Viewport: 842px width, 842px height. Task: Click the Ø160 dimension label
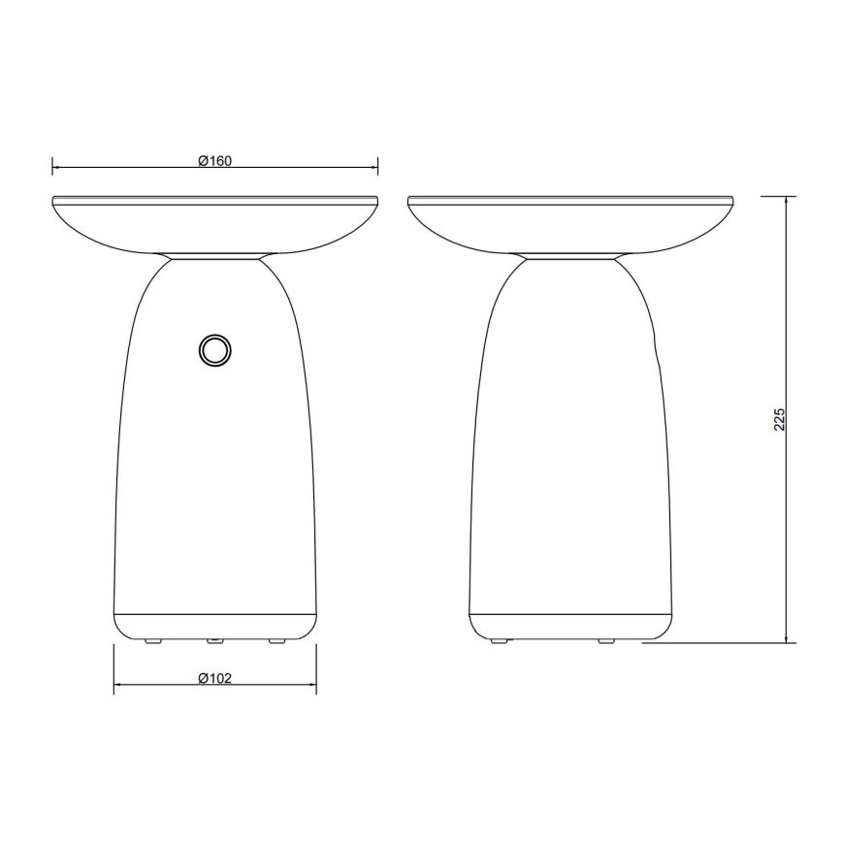(x=214, y=161)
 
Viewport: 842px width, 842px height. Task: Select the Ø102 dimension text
(x=214, y=679)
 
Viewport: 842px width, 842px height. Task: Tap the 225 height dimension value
(x=779, y=418)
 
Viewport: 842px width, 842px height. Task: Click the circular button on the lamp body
(x=214, y=350)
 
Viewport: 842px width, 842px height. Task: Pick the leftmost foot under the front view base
(x=150, y=641)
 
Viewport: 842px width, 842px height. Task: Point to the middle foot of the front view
(x=214, y=641)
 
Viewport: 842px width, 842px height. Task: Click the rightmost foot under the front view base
(x=277, y=641)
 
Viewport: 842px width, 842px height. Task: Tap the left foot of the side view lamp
(x=500, y=641)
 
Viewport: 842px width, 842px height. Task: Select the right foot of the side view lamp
(x=606, y=641)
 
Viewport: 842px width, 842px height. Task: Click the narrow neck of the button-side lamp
(x=214, y=257)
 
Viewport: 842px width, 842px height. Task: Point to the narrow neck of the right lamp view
(x=570, y=257)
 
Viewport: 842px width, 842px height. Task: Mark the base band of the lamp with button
(x=214, y=625)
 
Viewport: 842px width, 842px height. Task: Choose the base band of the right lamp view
(x=570, y=625)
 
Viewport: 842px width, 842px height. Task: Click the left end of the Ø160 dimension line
(x=52, y=168)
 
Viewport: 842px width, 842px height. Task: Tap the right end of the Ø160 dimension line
(x=377, y=168)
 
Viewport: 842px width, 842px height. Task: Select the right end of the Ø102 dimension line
(x=316, y=686)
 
